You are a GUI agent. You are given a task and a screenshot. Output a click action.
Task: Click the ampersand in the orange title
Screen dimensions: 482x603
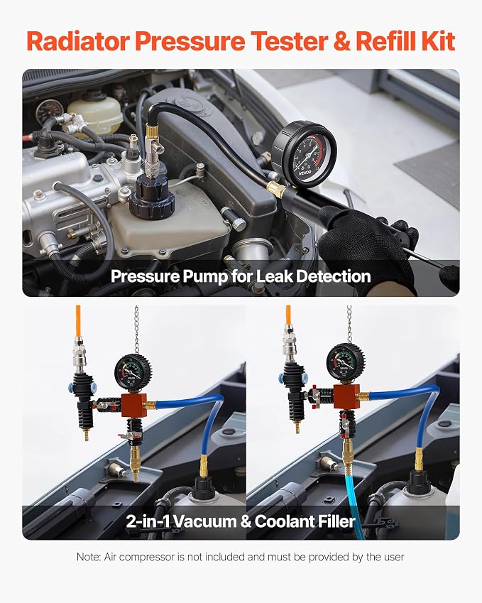point(341,41)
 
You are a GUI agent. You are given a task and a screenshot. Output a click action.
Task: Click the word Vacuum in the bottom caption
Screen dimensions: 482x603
point(205,521)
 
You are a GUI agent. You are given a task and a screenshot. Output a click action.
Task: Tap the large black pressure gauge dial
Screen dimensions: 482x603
point(305,156)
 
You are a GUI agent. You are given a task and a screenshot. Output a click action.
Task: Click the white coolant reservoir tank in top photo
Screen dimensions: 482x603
point(95,112)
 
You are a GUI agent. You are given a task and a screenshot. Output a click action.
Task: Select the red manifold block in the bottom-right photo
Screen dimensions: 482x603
point(346,396)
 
